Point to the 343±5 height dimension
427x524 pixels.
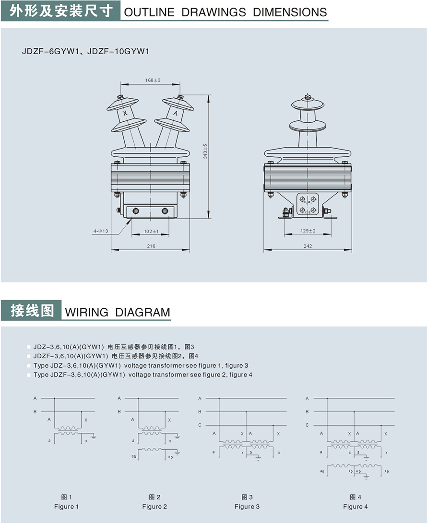point(205,151)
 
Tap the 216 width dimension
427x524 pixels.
point(151,246)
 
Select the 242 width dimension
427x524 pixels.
point(308,246)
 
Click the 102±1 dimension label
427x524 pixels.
point(152,232)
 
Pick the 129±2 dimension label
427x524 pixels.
point(308,231)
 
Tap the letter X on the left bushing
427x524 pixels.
point(125,114)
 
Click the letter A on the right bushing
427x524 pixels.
point(175,114)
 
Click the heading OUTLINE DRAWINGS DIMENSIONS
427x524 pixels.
point(225,12)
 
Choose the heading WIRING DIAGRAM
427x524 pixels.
point(117,313)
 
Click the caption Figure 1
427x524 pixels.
point(67,506)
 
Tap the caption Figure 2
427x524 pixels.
point(154,506)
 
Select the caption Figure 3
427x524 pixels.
point(247,506)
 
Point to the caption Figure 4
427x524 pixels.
point(356,506)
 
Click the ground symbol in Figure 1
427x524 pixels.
point(94,437)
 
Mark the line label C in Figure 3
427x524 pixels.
point(200,425)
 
